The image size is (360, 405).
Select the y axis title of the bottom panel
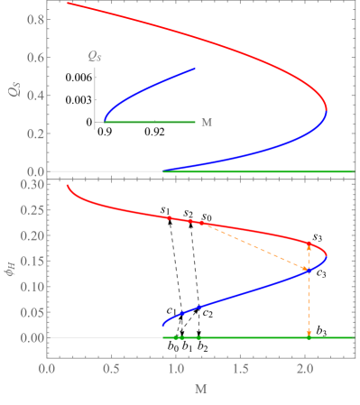pos(10,261)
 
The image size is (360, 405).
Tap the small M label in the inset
pos(206,122)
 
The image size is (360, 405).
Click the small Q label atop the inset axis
pos(95,57)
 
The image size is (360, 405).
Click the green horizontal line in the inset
pos(153,122)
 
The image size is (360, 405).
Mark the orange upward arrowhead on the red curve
pos(309,245)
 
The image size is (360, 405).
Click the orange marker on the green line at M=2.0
pos(309,336)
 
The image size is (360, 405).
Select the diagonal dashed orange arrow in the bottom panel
pos(255,245)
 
